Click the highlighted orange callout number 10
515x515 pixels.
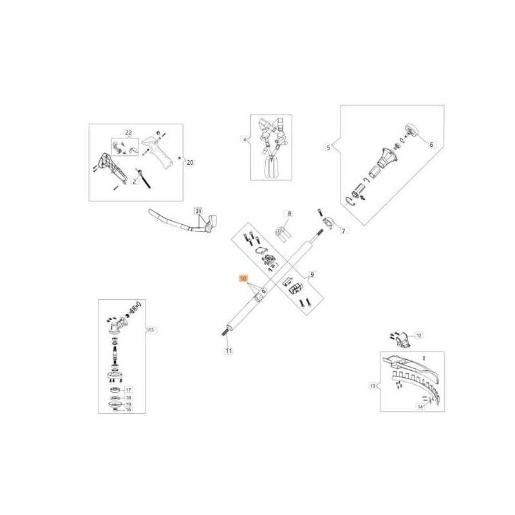[243, 279]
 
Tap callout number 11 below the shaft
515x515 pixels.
[228, 351]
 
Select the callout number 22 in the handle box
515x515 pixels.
[128, 133]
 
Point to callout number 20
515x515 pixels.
[189, 163]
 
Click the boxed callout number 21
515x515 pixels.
[198, 211]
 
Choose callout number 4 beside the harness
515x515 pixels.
[245, 139]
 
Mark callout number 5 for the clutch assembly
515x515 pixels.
[328, 148]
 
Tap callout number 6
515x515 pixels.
[431, 145]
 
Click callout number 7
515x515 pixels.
[342, 230]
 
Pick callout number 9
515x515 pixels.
[314, 276]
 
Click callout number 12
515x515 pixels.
[419, 335]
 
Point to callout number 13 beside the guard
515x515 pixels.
[372, 386]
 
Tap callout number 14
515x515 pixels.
[420, 407]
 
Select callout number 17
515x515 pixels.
[128, 390]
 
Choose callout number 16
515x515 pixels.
[128, 410]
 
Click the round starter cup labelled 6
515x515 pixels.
[412, 131]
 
